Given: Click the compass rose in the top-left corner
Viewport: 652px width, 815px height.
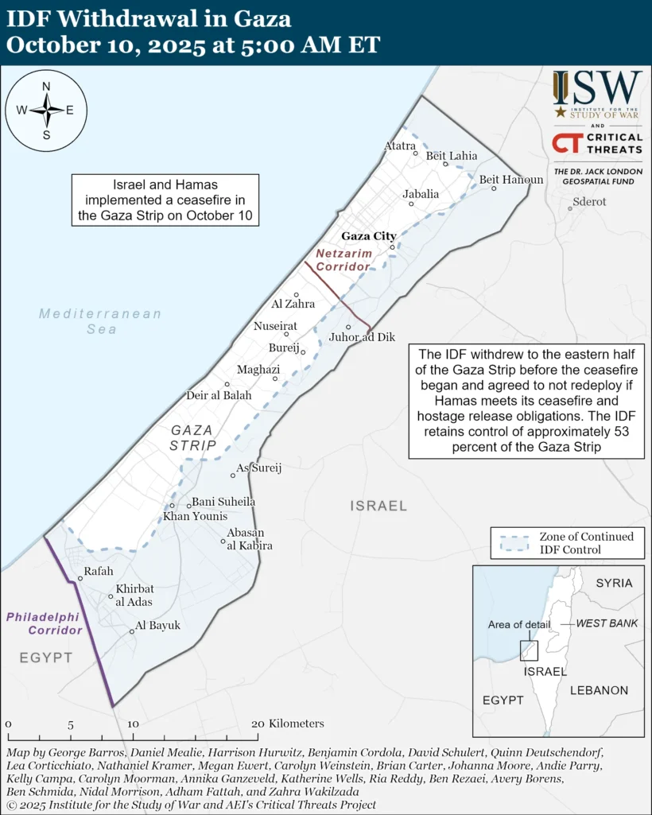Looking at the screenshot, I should (x=45, y=111).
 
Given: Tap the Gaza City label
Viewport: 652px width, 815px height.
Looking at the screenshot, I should (x=368, y=236).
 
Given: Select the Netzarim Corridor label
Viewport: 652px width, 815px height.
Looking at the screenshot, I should (x=343, y=260).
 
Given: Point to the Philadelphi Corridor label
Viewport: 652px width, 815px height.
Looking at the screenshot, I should (x=45, y=623).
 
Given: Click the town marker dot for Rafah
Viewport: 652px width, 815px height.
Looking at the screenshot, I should (x=80, y=579).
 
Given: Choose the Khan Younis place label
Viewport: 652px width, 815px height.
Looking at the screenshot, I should (x=195, y=517).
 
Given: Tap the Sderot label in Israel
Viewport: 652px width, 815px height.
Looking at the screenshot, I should (x=588, y=202).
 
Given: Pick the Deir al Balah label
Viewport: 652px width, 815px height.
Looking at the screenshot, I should (x=218, y=395).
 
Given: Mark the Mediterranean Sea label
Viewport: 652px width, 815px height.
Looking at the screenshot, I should (x=100, y=321).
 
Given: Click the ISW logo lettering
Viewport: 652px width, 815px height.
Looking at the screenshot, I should (x=598, y=86).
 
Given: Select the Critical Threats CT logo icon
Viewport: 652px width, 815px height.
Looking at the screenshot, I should (x=568, y=144).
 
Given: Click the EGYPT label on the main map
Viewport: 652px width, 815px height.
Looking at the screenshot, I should (x=46, y=658).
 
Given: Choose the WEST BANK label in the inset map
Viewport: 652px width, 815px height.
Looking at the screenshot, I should (x=607, y=623).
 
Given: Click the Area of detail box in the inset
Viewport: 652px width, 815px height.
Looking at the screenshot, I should (x=529, y=650).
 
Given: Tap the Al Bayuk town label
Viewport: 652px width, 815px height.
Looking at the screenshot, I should (x=157, y=626).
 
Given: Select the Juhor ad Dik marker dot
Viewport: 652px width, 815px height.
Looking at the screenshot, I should (x=348, y=328).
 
